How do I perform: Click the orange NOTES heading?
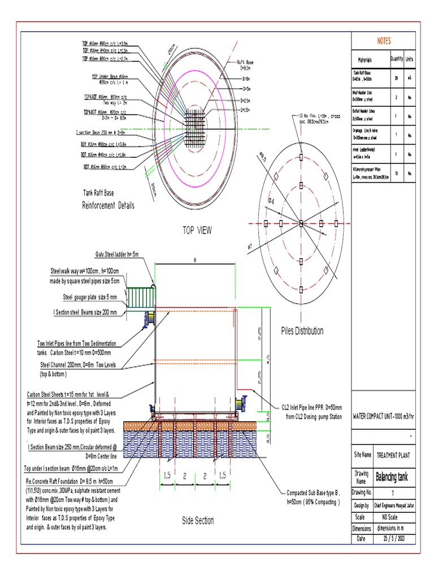384,41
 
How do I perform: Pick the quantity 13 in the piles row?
397,174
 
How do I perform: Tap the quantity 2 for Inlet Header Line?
397,97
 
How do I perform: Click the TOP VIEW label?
197,230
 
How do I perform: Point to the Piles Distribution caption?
302,331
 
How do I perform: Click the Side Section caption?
198,520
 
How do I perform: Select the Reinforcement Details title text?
108,205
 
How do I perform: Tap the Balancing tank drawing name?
394,477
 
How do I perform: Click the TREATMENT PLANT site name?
394,455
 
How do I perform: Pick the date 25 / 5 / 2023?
394,539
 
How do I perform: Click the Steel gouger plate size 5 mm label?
90,297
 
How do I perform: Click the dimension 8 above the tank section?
195,260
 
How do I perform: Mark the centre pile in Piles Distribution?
301,222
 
